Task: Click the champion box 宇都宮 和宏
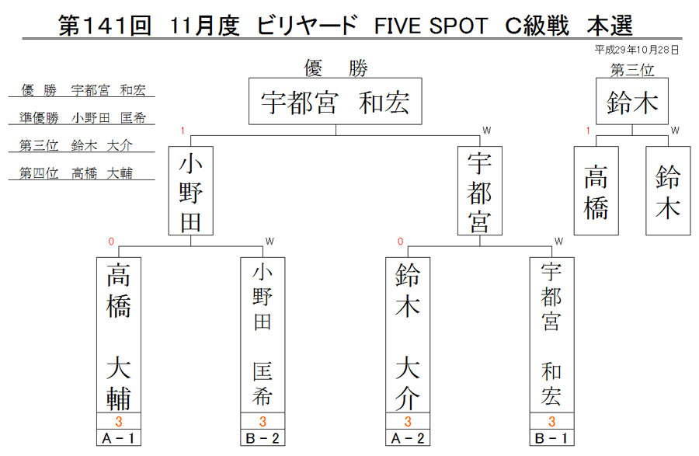point(336,101)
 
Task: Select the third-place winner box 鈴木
point(632,101)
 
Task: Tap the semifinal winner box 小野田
point(191,191)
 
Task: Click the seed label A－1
point(119,437)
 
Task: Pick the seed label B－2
point(263,437)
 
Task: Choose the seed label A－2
point(408,437)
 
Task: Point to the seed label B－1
point(552,437)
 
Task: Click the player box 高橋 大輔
point(119,335)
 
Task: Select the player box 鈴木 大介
point(408,335)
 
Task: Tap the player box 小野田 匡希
point(263,335)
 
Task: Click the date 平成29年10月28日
point(637,50)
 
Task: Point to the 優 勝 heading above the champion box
point(336,68)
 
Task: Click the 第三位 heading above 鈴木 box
point(632,70)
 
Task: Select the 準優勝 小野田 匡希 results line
point(82,117)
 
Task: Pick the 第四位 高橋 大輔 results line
point(76,173)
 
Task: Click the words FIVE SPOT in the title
point(431,26)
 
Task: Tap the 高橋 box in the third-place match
point(596,191)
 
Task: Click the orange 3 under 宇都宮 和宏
point(552,421)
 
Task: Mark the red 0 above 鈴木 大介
point(400,241)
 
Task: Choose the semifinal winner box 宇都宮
point(480,191)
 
